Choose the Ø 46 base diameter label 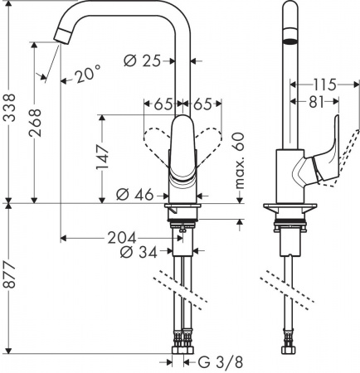(x=135, y=195)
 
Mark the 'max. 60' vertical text (x=239, y=162)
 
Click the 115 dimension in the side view (x=325, y=84)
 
